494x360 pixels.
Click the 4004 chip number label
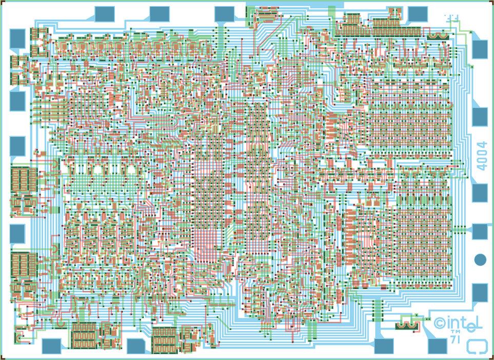pyautogui.click(x=482, y=156)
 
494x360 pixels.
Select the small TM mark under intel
pyautogui.click(x=455, y=332)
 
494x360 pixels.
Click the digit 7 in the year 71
pyautogui.click(x=453, y=340)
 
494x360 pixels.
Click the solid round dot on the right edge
pyautogui.click(x=480, y=259)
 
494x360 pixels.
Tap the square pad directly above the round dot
pyautogui.click(x=480, y=232)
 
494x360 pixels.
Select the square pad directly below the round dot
pyautogui.click(x=480, y=292)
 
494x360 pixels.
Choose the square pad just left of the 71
pyautogui.click(x=437, y=346)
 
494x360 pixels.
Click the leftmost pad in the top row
pyautogui.click(x=105, y=14)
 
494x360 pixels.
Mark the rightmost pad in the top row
pyautogui.click(x=418, y=14)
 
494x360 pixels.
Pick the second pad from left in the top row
pyautogui.click(x=160, y=14)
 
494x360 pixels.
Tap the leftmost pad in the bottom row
pyautogui.click(x=51, y=346)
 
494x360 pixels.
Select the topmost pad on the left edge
pyautogui.click(x=17, y=38)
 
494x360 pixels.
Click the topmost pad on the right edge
pyautogui.click(x=480, y=49)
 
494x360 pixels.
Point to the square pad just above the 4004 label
pyautogui.click(x=480, y=117)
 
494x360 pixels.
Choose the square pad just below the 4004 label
pyautogui.click(x=480, y=193)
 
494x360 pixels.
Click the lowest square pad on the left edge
pyautogui.click(x=17, y=234)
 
